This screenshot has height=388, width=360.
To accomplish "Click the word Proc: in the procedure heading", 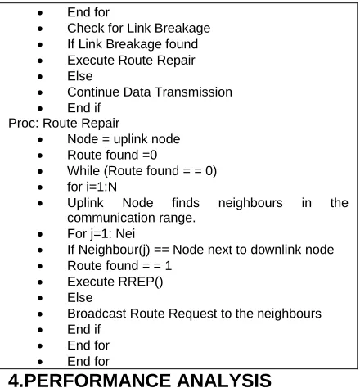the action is click(x=24, y=123).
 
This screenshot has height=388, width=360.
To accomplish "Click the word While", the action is click(x=83, y=171).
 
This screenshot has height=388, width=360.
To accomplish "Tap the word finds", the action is click(x=186, y=203).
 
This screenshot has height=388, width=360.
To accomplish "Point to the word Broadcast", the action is click(x=97, y=314).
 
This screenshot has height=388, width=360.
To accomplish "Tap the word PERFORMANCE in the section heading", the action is click(x=98, y=380).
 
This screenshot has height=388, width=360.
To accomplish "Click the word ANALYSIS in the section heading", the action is click(x=224, y=380).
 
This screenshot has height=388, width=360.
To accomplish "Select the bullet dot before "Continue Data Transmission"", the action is click(x=40, y=92).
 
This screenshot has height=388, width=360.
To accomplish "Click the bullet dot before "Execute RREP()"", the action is click(x=40, y=282).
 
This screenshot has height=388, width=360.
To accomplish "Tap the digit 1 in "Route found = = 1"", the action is click(x=169, y=266).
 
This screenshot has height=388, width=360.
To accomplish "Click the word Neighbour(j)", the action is click(x=114, y=250).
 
